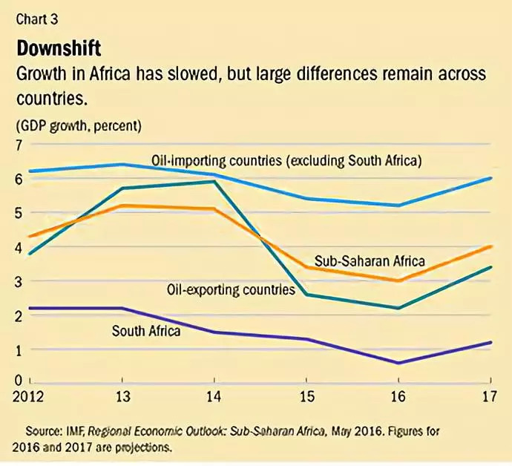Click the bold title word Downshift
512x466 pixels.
point(59,49)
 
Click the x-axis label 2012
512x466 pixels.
point(28,395)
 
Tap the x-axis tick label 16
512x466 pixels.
point(398,395)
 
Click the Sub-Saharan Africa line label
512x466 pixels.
point(370,260)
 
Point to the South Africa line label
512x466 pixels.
point(146,330)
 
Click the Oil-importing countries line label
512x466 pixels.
point(286,160)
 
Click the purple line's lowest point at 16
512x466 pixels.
point(399,363)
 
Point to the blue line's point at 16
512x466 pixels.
point(399,206)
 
